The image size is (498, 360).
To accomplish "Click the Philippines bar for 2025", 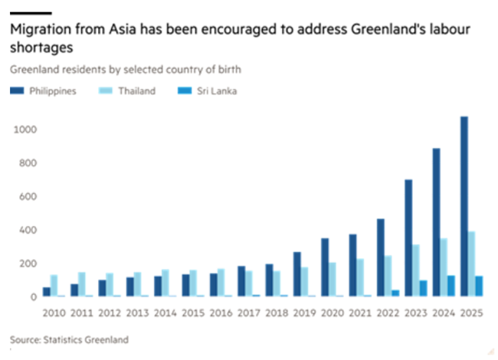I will coord(464,207).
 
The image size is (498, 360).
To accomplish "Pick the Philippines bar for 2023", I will coord(408,238).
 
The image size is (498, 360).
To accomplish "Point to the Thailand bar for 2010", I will coord(54,286).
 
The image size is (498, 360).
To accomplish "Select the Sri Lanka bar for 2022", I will coord(395,293).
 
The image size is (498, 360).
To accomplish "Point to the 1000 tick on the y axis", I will coord(26,129).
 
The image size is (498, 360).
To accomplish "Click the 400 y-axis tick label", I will coord(28,230).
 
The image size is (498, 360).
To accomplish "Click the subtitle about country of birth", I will coord(126,70).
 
